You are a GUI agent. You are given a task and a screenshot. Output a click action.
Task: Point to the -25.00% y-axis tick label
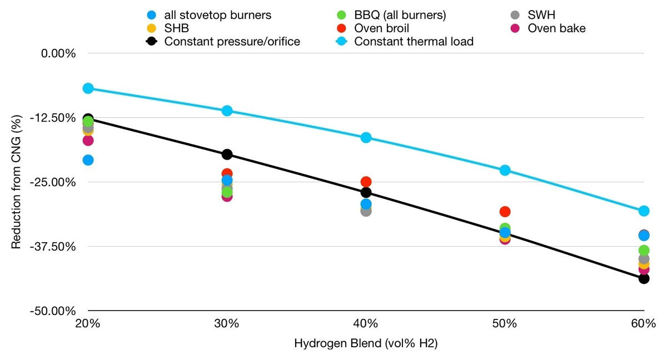coord(53,182)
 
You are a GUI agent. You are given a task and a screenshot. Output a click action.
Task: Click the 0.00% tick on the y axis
coord(58,53)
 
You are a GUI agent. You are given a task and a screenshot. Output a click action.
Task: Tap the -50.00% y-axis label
coord(53,311)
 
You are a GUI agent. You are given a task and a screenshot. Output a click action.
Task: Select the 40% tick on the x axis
coord(366,323)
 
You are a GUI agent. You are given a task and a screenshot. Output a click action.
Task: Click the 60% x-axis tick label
coord(644,323)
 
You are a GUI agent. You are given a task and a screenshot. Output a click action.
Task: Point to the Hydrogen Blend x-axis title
coord(366,343)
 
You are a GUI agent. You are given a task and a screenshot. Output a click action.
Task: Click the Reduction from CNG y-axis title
coord(16,182)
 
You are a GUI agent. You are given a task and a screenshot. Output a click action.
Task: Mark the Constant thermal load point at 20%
coord(88,88)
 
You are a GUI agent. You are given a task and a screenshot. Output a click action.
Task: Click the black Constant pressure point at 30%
coord(227,154)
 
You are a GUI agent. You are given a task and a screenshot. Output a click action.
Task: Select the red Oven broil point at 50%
coord(505,212)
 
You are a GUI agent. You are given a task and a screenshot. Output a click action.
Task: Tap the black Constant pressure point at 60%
coord(644,279)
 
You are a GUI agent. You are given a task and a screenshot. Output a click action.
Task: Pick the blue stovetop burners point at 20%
coord(88,160)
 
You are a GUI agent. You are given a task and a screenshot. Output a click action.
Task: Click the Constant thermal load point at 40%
coord(366,137)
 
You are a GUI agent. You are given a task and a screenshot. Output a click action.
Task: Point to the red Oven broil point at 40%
coord(366,182)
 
